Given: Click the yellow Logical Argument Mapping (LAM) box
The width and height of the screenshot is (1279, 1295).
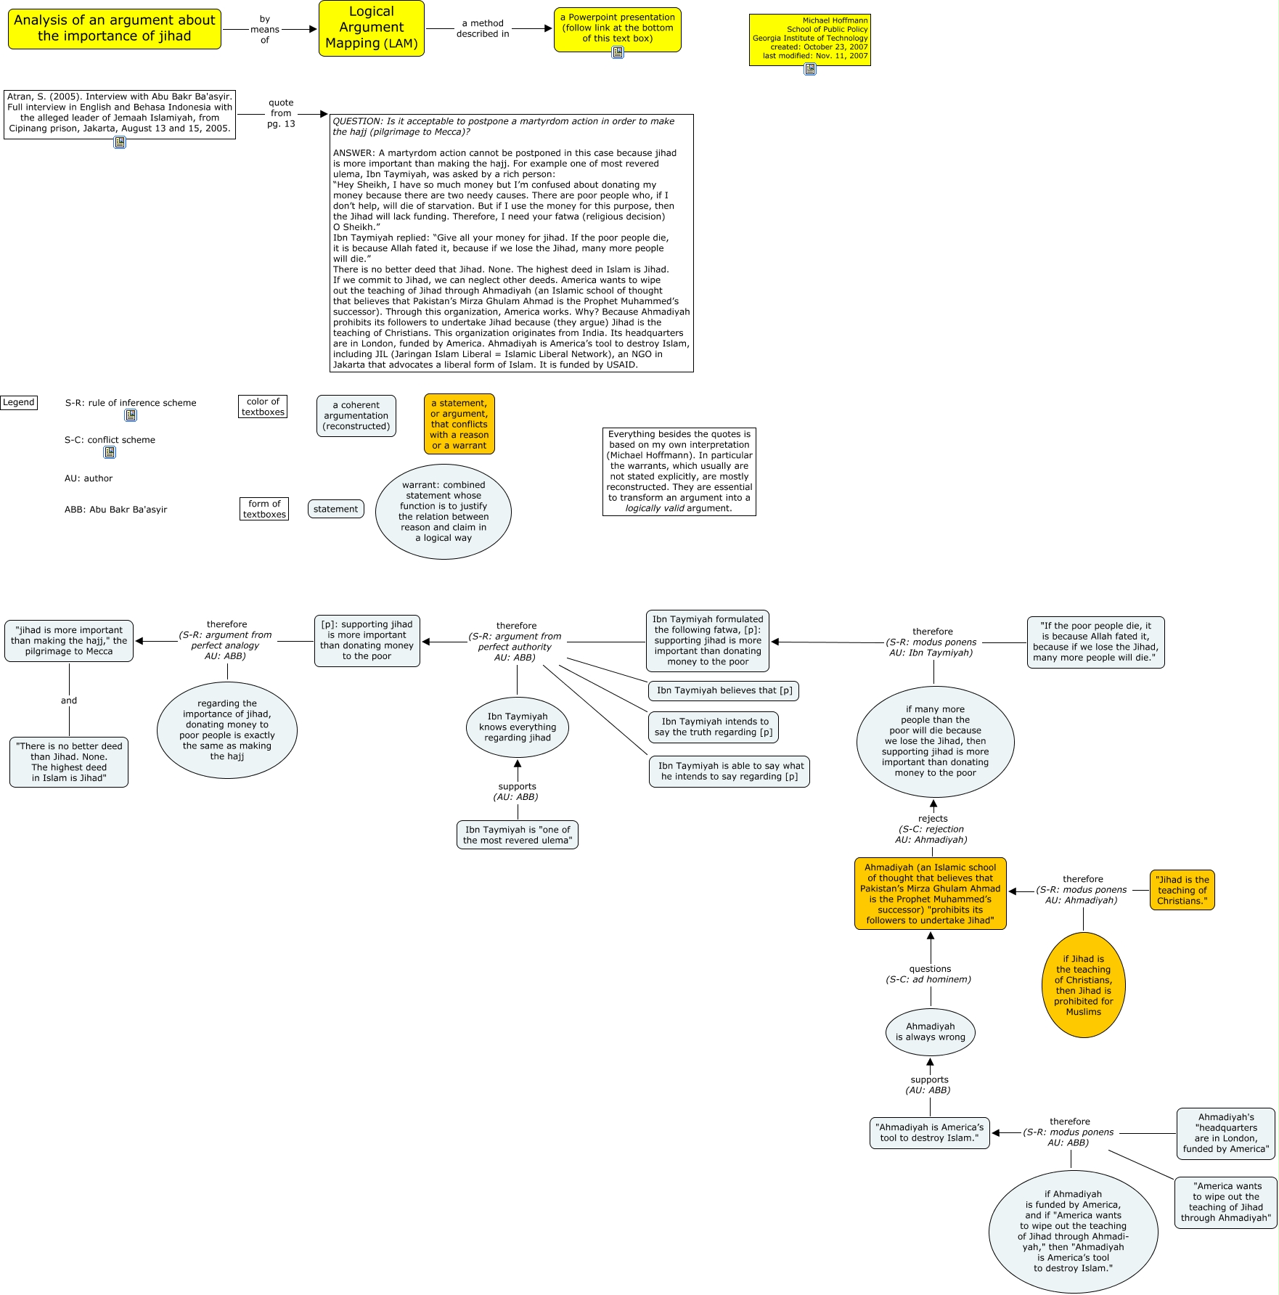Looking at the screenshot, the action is (x=371, y=28).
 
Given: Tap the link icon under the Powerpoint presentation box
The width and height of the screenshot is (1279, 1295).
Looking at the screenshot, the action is (x=617, y=52).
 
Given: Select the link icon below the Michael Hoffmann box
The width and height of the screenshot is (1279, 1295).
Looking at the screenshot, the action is (x=809, y=69).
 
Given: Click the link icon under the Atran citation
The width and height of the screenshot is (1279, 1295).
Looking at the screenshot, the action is (x=120, y=142).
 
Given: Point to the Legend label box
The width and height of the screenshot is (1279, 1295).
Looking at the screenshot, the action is (x=19, y=402).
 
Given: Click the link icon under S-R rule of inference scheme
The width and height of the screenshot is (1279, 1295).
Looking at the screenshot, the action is (x=131, y=415).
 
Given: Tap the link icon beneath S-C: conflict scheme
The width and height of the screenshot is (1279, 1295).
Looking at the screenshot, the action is (x=110, y=452).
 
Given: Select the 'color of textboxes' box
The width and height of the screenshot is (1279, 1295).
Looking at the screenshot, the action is (x=263, y=407).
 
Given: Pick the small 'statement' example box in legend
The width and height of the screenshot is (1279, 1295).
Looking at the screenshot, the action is (x=335, y=509).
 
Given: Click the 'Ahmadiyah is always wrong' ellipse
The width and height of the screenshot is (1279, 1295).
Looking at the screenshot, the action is (x=930, y=1031).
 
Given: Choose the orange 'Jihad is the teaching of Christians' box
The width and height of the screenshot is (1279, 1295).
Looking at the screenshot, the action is (x=1182, y=890).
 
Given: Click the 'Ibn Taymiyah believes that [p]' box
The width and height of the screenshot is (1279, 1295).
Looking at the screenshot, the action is (x=724, y=690).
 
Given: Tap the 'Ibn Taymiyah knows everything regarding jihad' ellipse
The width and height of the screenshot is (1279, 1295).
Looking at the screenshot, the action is (x=517, y=727).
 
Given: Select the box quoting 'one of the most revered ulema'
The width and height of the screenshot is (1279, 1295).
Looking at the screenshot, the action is (x=517, y=835).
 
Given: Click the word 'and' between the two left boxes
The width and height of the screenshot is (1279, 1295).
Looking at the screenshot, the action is (x=69, y=700).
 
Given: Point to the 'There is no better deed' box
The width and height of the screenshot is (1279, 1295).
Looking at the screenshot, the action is (x=69, y=762).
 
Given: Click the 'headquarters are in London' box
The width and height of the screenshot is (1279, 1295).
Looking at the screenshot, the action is (x=1226, y=1133).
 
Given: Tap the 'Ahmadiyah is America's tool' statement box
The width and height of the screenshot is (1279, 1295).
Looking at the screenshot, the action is (x=929, y=1132).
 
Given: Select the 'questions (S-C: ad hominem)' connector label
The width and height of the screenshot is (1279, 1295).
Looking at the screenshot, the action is (x=929, y=974).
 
